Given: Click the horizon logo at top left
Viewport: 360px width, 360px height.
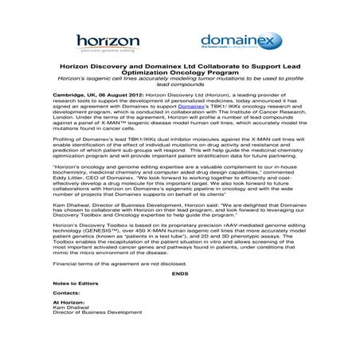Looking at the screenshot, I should [x=112, y=41].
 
